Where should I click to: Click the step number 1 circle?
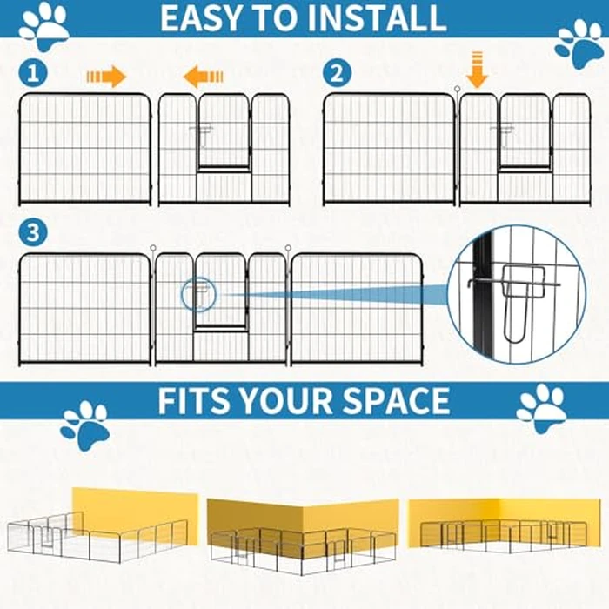coord(35,73)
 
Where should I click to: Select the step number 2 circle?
coord(338,73)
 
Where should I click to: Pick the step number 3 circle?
coord(33,233)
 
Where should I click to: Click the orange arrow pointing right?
coord(106,77)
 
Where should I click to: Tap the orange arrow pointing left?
coord(203,77)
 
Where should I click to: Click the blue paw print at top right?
coord(579,42)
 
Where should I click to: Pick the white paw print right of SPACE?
coord(540,406)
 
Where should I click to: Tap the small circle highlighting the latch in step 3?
coord(197,294)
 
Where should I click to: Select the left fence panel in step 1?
coord(84,149)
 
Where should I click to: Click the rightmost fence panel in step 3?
coord(357,308)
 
